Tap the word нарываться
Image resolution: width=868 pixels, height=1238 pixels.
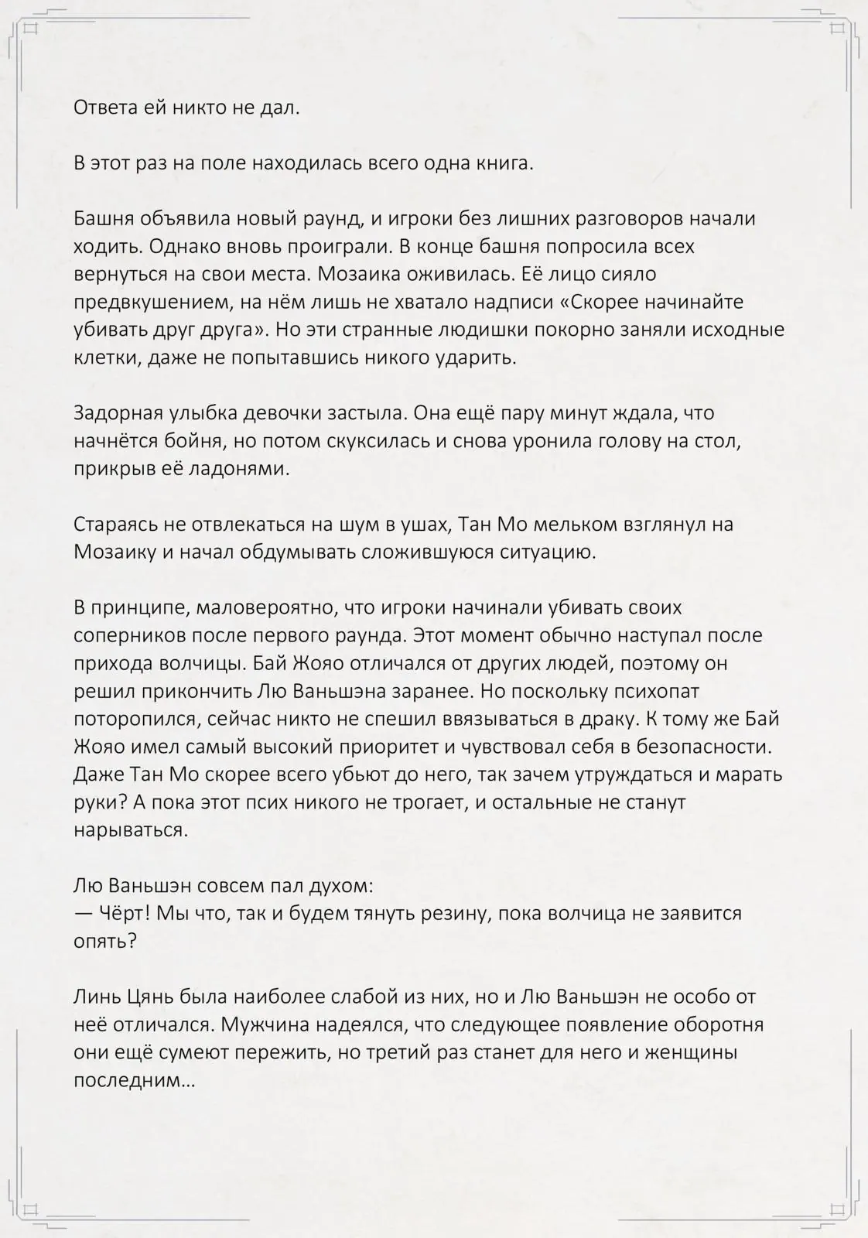tap(130, 830)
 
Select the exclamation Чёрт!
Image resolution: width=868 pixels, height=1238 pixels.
tap(125, 913)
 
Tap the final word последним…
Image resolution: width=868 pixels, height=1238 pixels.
tap(134, 1080)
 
